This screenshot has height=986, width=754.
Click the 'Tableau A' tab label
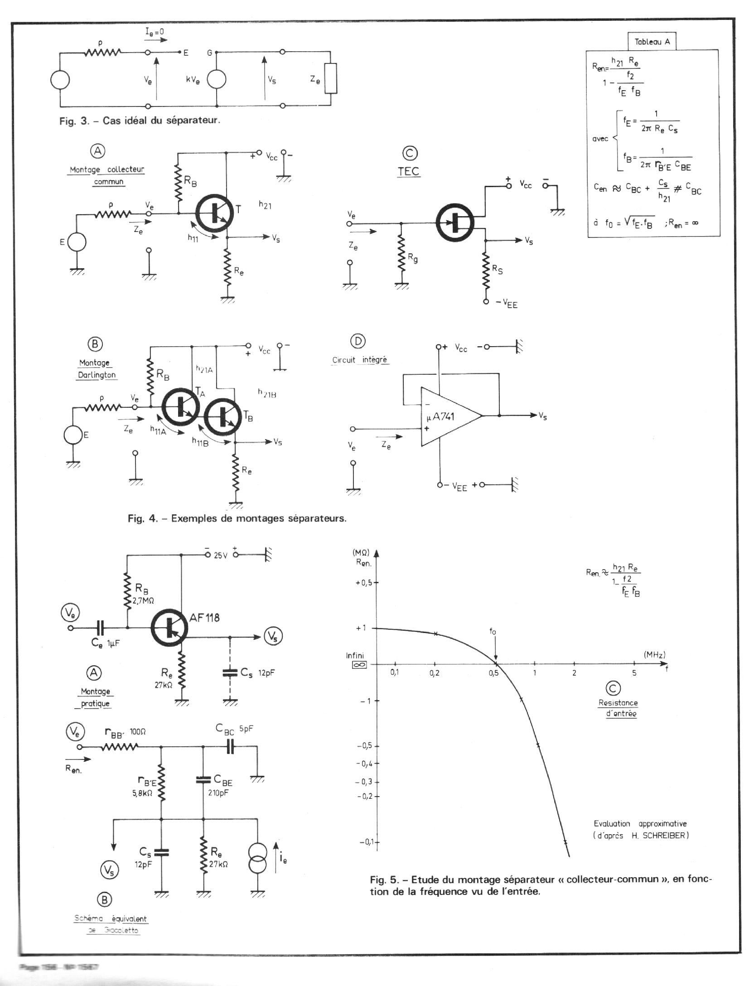coord(652,42)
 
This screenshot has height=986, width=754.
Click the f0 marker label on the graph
coord(493,631)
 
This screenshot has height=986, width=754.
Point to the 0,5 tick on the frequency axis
coord(493,673)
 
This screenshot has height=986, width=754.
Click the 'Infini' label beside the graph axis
coord(355,655)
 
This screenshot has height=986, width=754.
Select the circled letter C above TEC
coord(410,154)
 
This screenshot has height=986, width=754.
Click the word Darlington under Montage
coord(97,375)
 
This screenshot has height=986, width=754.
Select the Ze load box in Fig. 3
coord(331,78)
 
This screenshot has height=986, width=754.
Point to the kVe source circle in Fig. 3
coord(217,80)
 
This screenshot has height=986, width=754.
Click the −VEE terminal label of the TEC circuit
coord(507,303)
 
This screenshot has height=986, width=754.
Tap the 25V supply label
coord(220,555)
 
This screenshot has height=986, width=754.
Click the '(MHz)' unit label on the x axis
coord(654,655)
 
